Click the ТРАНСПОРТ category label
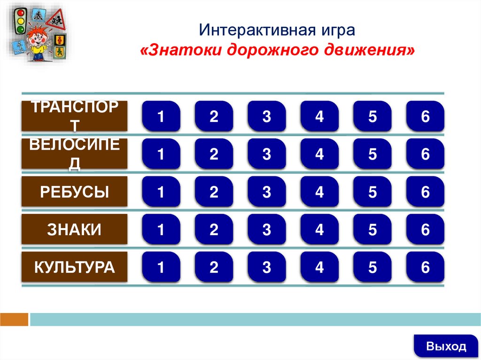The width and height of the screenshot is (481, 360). coord(74,116)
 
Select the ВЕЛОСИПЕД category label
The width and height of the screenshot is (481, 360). coord(74,154)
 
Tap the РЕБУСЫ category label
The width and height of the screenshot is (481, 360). coord(74,192)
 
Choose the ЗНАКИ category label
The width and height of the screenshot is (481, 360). coord(74,230)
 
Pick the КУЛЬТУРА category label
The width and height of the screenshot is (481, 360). coord(74,268)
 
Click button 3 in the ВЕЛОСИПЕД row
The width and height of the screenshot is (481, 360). coord(267,154)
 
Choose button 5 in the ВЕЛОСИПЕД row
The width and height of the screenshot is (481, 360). coord(372,154)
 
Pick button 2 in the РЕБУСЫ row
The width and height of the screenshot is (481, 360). coord(214,192)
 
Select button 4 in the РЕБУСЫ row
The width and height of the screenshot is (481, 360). coord(320,192)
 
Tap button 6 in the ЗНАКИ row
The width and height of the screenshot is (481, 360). coord(425,230)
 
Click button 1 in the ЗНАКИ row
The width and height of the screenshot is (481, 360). coord(161,230)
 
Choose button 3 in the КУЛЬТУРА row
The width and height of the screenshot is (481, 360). coord(267,268)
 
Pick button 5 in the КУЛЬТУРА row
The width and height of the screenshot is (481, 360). coord(372,268)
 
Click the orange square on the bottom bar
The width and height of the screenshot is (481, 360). coord(14,320)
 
